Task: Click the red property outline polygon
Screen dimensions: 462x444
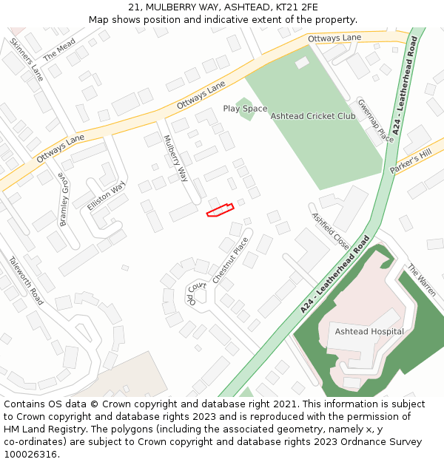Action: [220, 211]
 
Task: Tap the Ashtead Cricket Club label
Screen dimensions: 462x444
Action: [313, 116]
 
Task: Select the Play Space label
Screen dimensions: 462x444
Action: [245, 109]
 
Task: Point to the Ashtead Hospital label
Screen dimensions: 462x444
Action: [369, 331]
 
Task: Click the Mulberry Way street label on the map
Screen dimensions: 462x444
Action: [175, 159]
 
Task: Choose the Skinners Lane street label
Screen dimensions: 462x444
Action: [27, 59]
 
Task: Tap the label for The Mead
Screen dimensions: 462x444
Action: [59, 50]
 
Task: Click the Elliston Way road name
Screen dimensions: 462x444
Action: [107, 195]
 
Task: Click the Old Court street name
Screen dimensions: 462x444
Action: [195, 293]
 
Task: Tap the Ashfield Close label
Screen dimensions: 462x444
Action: [330, 231]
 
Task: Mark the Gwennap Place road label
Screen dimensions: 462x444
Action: [375, 120]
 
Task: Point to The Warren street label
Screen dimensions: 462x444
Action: [422, 282]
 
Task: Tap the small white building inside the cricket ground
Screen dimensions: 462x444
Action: [302, 63]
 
